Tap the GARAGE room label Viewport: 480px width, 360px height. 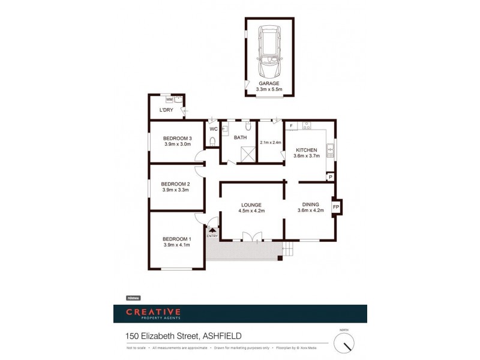[x=269, y=83]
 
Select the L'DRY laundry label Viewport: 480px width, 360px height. [x=166, y=110]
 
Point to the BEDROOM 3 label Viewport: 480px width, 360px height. [x=177, y=138]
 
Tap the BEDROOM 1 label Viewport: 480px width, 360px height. [x=177, y=238]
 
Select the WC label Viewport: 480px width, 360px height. [x=213, y=129]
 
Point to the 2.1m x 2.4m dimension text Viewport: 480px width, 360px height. [x=271, y=142]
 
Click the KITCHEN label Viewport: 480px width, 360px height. [x=305, y=150]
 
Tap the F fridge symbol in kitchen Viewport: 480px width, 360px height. [x=291, y=126]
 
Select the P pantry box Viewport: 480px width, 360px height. [x=329, y=177]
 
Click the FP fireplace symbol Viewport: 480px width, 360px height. [x=336, y=208]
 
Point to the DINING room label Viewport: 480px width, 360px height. [x=310, y=204]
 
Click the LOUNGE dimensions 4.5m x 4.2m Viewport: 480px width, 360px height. [x=252, y=211]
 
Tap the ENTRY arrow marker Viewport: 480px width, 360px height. [x=212, y=230]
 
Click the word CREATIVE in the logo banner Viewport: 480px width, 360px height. [x=153, y=311]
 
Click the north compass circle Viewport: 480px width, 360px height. [x=344, y=343]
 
